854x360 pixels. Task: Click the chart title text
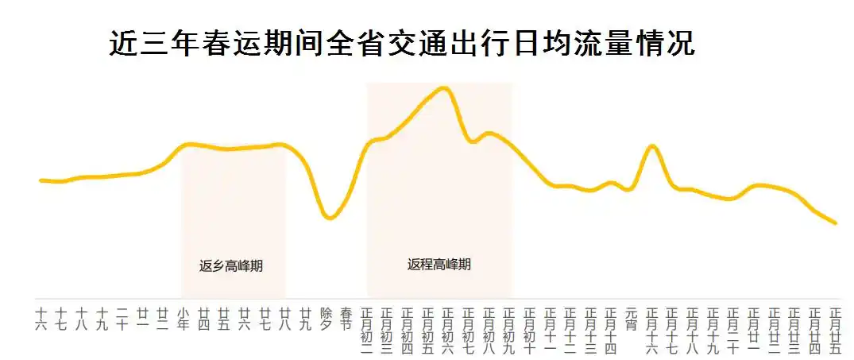(401, 44)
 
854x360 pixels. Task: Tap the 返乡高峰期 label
(230, 266)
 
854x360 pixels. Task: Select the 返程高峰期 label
(439, 265)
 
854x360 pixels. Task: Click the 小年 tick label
(184, 318)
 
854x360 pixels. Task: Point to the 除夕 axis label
(326, 318)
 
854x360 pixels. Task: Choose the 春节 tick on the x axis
(346, 318)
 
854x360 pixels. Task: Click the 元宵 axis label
(631, 318)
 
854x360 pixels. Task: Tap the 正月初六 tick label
(447, 329)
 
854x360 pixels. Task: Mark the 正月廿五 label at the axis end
(834, 329)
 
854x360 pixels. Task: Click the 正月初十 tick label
(529, 329)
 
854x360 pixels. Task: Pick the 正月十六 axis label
(651, 329)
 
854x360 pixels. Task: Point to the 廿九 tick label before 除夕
(305, 318)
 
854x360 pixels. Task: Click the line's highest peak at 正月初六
(445, 87)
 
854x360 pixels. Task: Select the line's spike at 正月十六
(652, 146)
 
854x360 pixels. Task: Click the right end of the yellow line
(836, 223)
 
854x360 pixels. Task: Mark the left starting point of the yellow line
(41, 180)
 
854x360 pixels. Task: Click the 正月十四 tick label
(610, 329)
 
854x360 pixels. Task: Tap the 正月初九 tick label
(508, 329)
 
